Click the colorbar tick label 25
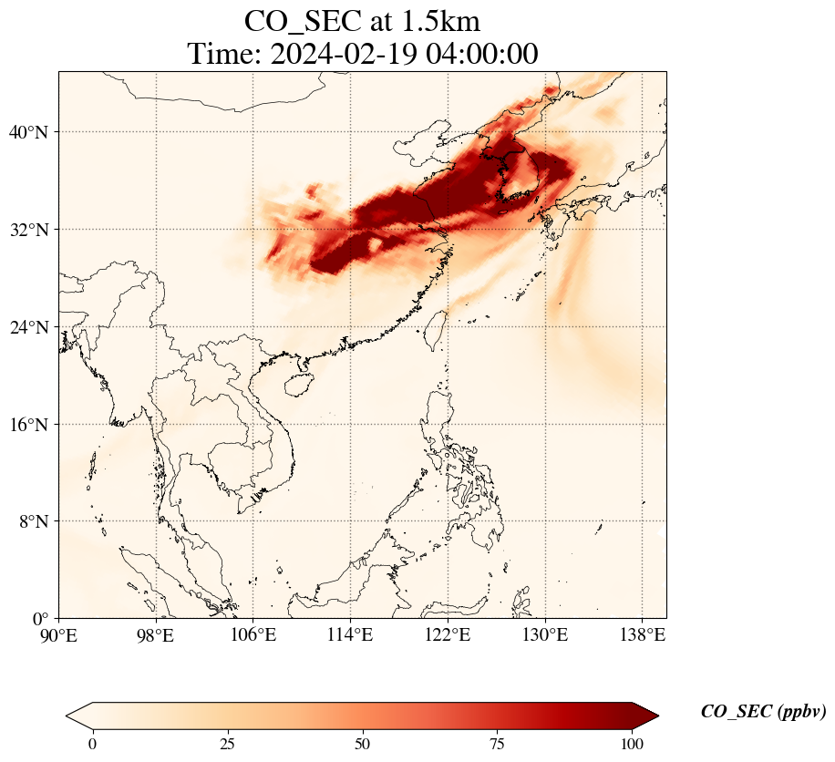point(228,744)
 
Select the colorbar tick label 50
point(363,744)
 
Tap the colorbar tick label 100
point(633,744)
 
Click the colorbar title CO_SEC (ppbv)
point(763,713)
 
